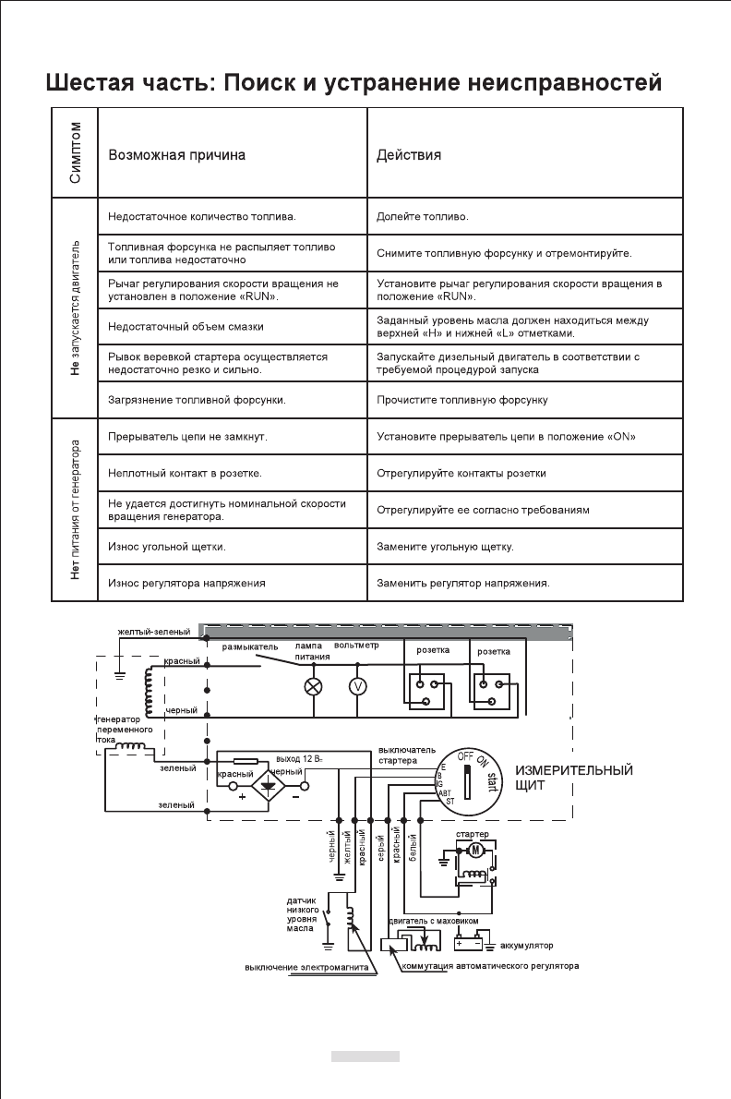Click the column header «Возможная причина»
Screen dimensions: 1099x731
[176, 155]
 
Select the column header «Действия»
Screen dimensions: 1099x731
[409, 155]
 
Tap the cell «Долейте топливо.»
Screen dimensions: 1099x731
[423, 218]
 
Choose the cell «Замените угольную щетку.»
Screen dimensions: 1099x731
[445, 548]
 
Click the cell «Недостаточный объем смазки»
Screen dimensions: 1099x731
[186, 327]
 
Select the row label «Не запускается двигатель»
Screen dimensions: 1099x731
[76, 309]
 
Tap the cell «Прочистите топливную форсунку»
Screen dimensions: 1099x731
[462, 401]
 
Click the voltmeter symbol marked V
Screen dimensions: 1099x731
[356, 686]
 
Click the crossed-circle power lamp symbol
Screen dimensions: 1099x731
[314, 686]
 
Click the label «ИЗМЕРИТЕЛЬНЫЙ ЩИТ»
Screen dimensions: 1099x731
[573, 778]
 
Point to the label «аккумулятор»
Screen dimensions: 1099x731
[526, 947]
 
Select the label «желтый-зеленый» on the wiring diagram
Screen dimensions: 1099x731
[153, 632]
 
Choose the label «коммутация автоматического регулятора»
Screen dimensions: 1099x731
[490, 968]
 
